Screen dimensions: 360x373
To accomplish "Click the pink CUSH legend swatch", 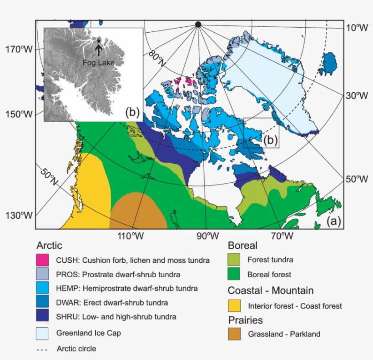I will [42, 260].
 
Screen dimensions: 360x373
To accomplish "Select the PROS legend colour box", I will [42, 275].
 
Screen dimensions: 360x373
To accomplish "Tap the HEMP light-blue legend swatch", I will [42, 289].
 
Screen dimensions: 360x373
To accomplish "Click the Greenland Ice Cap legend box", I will [42, 333].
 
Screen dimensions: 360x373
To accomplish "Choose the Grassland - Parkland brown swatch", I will [234, 334].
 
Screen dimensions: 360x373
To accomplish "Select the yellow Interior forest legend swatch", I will [234, 306].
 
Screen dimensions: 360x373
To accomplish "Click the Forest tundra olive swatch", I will [234, 260].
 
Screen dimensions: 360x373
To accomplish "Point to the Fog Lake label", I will [98, 63].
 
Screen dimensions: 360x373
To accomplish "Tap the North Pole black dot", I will [197, 24].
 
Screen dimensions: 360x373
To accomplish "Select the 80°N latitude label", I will [157, 57].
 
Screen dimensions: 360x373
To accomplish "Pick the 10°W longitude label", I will [357, 28].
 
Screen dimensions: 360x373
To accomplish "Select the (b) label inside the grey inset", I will [132, 113].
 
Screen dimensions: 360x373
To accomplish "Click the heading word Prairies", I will [245, 320].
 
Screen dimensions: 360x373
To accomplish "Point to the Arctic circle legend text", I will [76, 349].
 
